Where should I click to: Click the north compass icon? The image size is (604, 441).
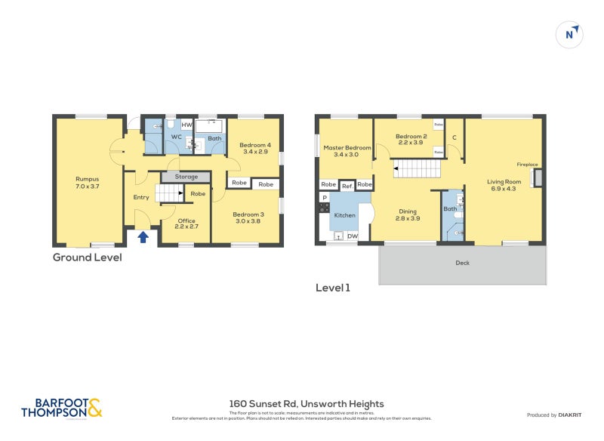coord(571,34)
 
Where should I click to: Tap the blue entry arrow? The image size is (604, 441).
coord(143,237)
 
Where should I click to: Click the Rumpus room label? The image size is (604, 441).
coord(87,179)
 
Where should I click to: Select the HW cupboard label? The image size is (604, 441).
coord(186,124)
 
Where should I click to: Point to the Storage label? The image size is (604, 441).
coord(186,177)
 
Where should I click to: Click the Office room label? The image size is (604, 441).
coord(186,220)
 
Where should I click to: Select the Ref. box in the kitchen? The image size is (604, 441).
coord(347,185)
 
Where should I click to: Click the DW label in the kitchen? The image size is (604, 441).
coord(352,236)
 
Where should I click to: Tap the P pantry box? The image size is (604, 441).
coord(325,198)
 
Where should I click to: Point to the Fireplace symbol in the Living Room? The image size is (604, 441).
coord(538,177)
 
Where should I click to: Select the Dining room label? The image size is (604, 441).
coord(407,212)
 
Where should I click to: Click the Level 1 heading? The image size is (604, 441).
coord(333,288)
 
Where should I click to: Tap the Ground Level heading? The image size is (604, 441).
coord(87,258)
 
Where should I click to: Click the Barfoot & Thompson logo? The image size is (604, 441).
coord(61,408)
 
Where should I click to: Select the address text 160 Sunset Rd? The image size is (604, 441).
coord(307,404)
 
